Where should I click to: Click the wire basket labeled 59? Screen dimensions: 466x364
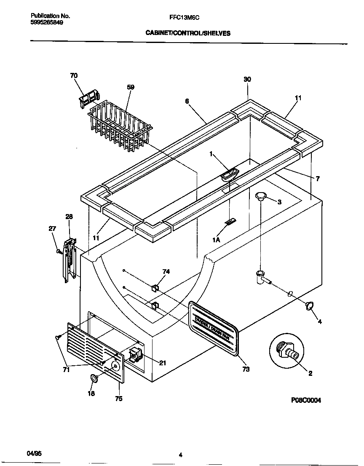point(120,126)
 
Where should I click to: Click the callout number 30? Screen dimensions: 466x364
point(247,79)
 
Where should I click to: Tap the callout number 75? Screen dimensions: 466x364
point(119,399)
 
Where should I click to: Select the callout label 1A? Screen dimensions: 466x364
point(217,239)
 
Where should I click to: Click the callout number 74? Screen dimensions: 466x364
point(166,272)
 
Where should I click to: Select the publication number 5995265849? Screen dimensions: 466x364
point(48,23)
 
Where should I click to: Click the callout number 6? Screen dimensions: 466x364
point(187,101)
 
